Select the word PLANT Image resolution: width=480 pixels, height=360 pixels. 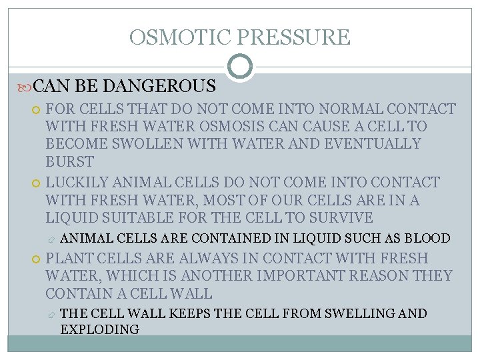click(68, 258)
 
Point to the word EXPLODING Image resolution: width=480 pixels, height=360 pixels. click(99, 329)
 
